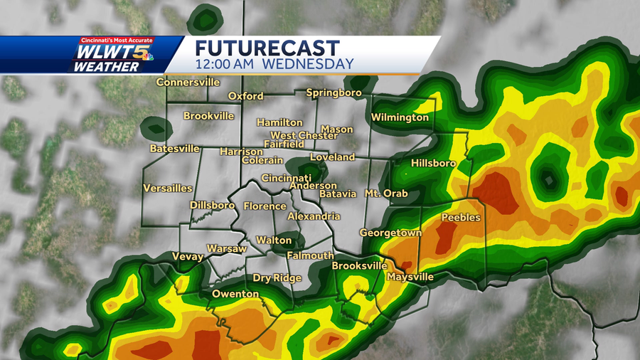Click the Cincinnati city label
(286, 178)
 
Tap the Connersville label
(188, 83)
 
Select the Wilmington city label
(400, 117)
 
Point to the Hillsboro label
(433, 164)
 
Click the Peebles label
(461, 218)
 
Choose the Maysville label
(410, 277)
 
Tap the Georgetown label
(390, 233)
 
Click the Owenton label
(235, 294)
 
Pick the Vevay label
(188, 257)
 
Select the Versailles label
(168, 189)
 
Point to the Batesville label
(175, 149)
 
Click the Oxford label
(245, 96)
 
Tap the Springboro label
(334, 93)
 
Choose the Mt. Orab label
(387, 194)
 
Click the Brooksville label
(358, 266)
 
